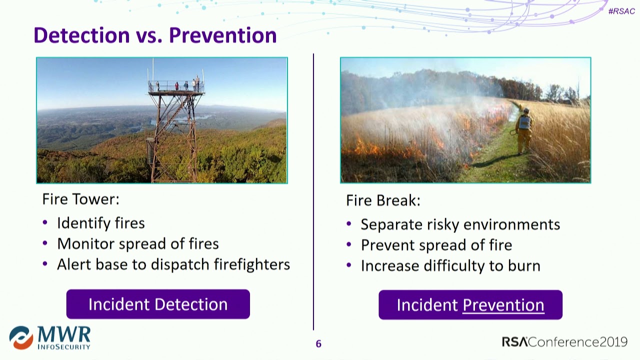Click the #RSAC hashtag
click(621, 11)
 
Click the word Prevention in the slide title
click(223, 35)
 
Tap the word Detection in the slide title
click(81, 35)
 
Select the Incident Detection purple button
click(158, 304)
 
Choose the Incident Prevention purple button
click(470, 305)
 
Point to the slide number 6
click(318, 343)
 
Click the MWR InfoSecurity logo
click(49, 337)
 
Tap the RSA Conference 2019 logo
click(564, 341)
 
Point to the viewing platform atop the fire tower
click(176, 86)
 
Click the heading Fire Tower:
click(80, 199)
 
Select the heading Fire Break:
click(383, 200)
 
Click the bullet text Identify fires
click(101, 223)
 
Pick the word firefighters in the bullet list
click(252, 264)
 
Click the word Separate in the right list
click(391, 224)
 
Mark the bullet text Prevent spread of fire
click(436, 245)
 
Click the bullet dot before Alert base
click(45, 263)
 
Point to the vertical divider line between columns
click(313, 191)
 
